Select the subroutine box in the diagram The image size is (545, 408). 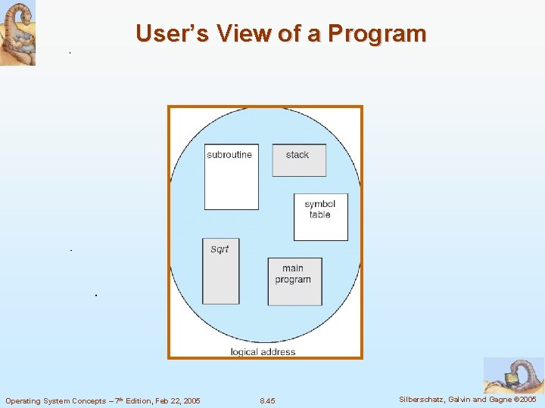tap(231, 177)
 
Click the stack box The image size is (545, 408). tap(299, 160)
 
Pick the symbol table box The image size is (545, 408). tap(320, 217)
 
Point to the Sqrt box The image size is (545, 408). tap(220, 271)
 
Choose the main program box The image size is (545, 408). tap(294, 281)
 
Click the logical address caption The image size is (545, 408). tap(263, 351)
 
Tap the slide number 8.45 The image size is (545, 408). tap(267, 400)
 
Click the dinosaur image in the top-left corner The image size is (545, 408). tap(17, 32)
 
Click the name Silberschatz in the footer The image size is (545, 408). tap(421, 399)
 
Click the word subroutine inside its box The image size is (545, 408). tap(229, 155)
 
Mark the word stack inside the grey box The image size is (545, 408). tap(297, 155)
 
